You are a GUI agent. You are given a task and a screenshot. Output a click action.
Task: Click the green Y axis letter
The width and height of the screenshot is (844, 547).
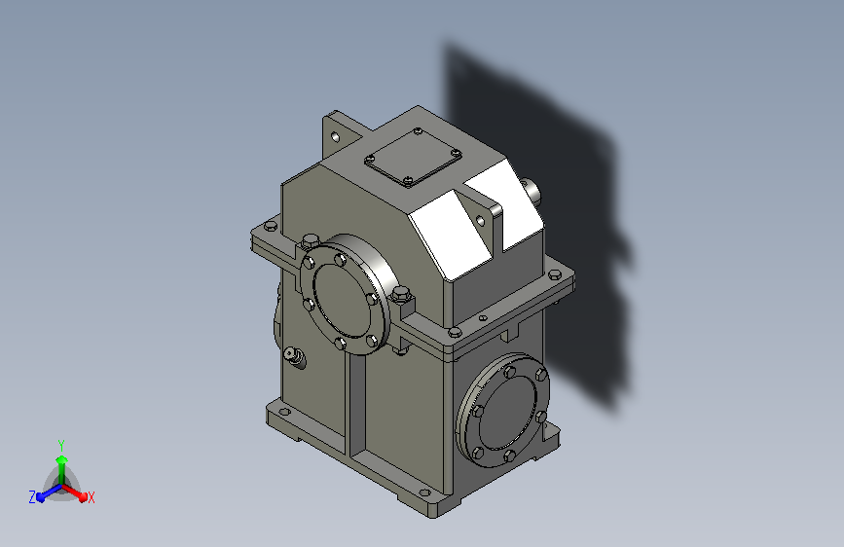coord(61,445)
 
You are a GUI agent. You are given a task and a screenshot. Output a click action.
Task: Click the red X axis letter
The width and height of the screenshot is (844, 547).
coord(91,497)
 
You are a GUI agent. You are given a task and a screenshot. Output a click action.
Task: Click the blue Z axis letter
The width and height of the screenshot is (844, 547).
coord(32,497)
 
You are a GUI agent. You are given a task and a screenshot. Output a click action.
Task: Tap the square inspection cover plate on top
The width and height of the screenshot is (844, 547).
coord(413,158)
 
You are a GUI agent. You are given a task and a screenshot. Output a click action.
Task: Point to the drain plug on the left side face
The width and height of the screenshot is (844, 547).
coord(295,356)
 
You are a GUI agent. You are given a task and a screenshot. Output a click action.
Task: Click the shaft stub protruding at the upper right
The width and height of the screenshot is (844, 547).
coord(531,191)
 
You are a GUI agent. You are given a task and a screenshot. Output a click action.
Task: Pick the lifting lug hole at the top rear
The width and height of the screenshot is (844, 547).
coord(335,136)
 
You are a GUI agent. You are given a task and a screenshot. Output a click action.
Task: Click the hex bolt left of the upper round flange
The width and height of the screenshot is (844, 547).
coord(310,240)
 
